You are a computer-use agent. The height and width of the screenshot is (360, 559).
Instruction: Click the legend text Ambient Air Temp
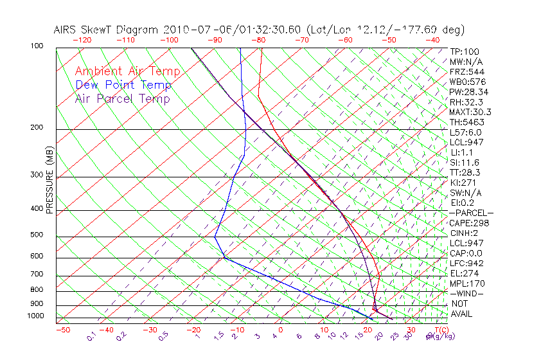coord(127,71)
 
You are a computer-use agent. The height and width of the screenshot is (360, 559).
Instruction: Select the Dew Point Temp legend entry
coord(123,85)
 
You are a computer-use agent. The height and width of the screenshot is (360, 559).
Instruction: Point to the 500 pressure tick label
coord(37,235)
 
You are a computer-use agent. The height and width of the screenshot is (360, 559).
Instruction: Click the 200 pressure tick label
coord(37,128)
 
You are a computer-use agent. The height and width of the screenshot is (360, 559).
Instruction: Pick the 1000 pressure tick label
coord(35,316)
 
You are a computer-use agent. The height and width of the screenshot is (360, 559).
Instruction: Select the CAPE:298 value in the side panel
coord(468,223)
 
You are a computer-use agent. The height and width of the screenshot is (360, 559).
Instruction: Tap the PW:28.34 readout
coord(469,92)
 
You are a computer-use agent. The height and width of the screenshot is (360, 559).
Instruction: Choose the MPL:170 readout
coord(467,283)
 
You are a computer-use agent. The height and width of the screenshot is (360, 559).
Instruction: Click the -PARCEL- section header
coord(471,213)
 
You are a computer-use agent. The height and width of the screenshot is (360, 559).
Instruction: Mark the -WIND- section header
coord(466,294)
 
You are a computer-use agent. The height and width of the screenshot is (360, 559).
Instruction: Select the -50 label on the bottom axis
coord(62,330)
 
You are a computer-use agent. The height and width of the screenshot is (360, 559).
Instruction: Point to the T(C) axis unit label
coord(441,330)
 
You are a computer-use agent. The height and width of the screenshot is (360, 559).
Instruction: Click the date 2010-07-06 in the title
coord(194,30)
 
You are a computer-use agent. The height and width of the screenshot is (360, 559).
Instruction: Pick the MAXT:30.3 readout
coord(469,112)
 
